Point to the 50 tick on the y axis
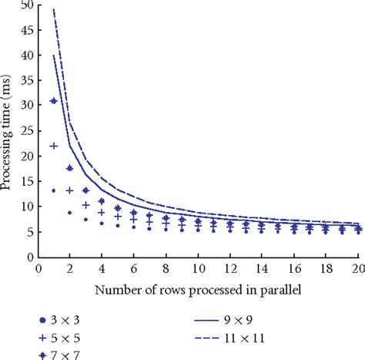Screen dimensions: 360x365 [27, 5]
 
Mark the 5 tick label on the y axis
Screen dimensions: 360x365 [29, 231]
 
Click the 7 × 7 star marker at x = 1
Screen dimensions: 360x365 [54, 101]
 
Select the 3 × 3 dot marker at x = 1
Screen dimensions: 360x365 [54, 190]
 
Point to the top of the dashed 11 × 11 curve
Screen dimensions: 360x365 [54, 9]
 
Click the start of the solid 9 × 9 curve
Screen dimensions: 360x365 [54, 56]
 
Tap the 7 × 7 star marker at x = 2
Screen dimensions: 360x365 [70, 168]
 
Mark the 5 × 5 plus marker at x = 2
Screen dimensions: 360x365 [70, 190]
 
